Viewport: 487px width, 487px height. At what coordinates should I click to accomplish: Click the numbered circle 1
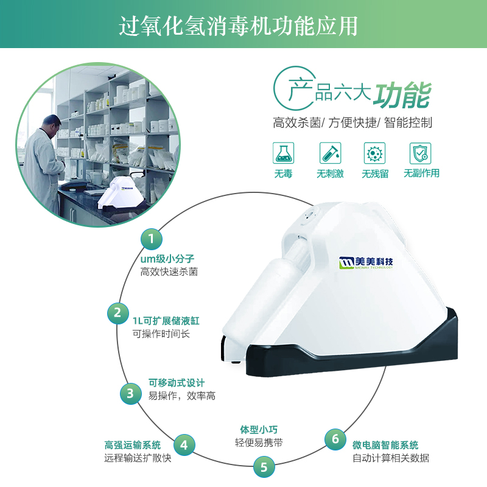click(x=151, y=239)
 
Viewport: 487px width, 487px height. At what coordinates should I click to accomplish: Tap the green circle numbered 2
click(x=117, y=313)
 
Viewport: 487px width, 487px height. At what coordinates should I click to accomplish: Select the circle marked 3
click(x=131, y=393)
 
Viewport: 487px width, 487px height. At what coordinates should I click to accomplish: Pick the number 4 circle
click(x=184, y=445)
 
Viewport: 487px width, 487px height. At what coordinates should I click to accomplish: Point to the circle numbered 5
click(x=264, y=467)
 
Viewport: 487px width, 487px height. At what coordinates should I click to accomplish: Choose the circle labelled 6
click(x=335, y=439)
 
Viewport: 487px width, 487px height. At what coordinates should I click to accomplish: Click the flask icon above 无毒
click(x=283, y=153)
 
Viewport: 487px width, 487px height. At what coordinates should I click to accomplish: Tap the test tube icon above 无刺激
click(x=330, y=153)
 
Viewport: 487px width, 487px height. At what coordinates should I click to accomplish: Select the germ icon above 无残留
click(x=374, y=153)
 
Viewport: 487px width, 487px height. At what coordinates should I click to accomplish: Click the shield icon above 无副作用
click(x=420, y=153)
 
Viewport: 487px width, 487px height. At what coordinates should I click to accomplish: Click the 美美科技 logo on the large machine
click(x=366, y=263)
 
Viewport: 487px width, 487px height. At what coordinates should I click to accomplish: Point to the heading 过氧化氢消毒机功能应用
click(x=238, y=26)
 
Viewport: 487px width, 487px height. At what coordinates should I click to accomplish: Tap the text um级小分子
click(x=167, y=259)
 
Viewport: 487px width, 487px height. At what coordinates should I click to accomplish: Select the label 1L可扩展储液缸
click(x=166, y=321)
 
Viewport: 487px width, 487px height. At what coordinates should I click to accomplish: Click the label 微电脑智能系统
click(x=385, y=445)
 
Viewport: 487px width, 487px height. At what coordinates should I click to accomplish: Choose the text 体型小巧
click(x=259, y=430)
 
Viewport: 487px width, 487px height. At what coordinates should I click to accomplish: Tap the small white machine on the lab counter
click(x=121, y=194)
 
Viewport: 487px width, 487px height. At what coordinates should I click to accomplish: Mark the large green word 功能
click(x=402, y=95)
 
